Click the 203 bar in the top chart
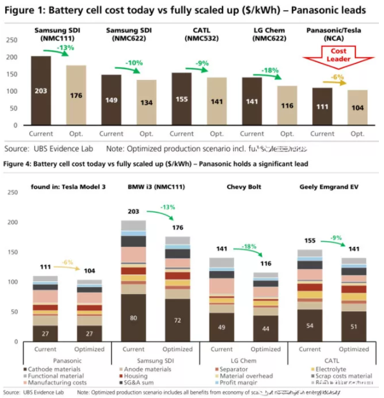coord(41,91)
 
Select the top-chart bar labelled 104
coord(357,107)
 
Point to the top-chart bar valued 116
coord(287,105)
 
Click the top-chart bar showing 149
coord(111,100)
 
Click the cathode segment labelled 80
coord(134,318)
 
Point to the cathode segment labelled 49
coord(222,327)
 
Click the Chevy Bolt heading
coord(243,187)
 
